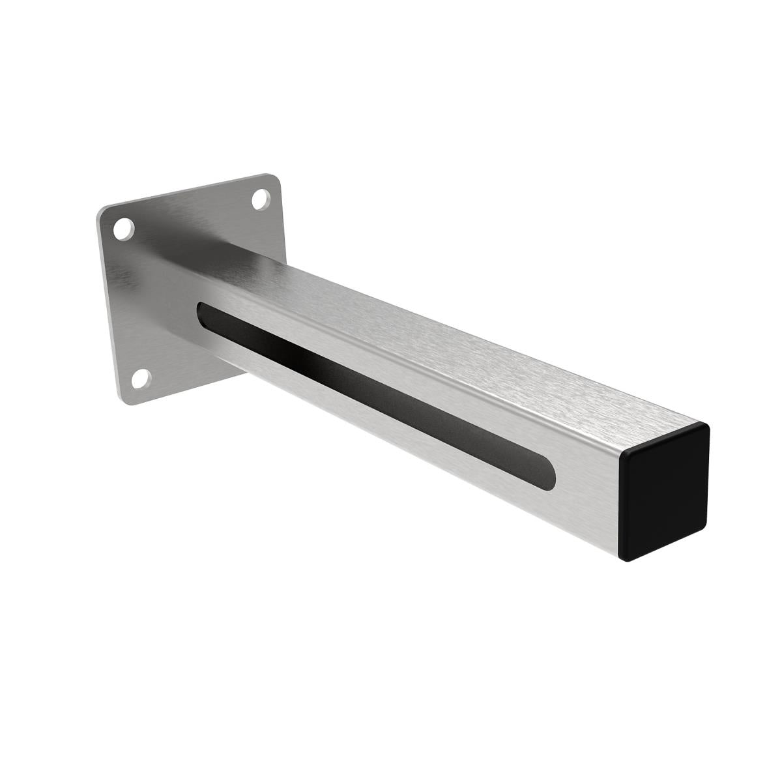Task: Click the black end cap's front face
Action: pyautogui.click(x=663, y=495)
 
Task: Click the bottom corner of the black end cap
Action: pyautogui.click(x=626, y=559)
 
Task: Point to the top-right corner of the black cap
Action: pyautogui.click(x=705, y=427)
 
